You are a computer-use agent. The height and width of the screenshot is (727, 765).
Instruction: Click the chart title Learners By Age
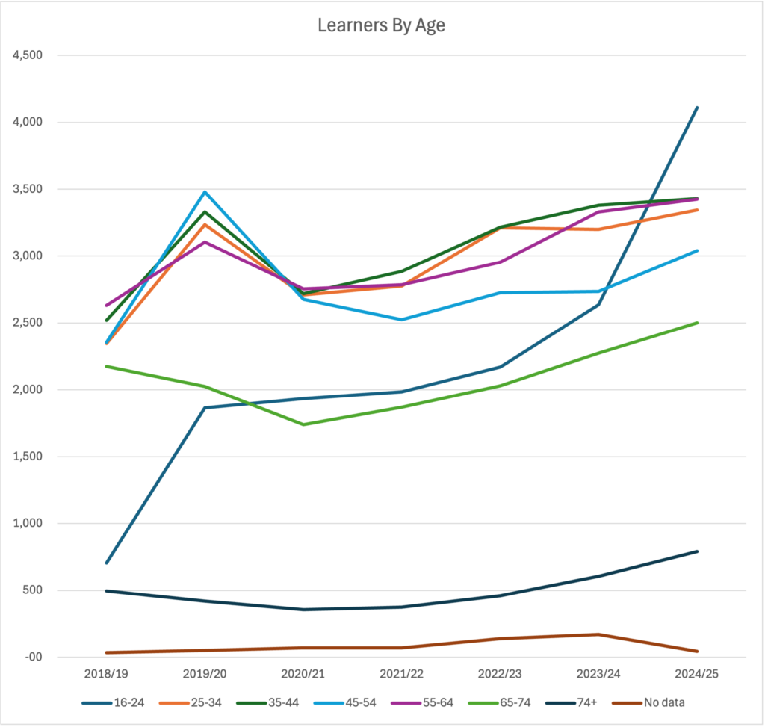tap(381, 25)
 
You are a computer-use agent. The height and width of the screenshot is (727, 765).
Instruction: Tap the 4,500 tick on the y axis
tap(28, 55)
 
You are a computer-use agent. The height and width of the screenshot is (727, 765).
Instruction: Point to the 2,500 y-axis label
tap(28, 323)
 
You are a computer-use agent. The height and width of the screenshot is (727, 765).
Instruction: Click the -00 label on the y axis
tap(34, 658)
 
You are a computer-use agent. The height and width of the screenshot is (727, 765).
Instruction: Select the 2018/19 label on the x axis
tap(106, 674)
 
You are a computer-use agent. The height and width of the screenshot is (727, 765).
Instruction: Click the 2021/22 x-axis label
tap(401, 674)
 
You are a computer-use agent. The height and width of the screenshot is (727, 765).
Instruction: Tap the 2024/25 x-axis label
tap(697, 674)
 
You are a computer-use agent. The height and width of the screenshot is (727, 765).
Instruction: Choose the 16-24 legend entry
tap(114, 703)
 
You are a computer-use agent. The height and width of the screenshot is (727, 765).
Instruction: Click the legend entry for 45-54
tap(345, 703)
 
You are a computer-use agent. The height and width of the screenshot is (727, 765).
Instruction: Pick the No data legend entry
tap(648, 703)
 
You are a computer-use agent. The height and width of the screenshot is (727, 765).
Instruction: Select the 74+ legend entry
tap(572, 703)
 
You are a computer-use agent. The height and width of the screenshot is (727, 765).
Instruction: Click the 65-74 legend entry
tap(499, 703)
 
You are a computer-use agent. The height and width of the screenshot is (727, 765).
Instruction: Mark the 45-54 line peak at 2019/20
tap(205, 192)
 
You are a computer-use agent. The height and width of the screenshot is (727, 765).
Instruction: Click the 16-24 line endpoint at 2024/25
tap(697, 108)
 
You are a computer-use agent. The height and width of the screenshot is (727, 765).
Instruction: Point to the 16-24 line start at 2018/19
tap(106, 563)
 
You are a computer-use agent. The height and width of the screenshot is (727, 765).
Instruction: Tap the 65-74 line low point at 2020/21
tap(303, 424)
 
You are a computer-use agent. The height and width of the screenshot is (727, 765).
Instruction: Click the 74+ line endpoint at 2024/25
tap(697, 551)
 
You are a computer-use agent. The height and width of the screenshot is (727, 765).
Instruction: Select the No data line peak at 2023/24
tap(598, 634)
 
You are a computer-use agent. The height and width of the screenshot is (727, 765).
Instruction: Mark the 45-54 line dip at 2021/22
tap(401, 320)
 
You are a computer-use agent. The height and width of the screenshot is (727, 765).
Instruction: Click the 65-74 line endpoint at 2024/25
tap(697, 323)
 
